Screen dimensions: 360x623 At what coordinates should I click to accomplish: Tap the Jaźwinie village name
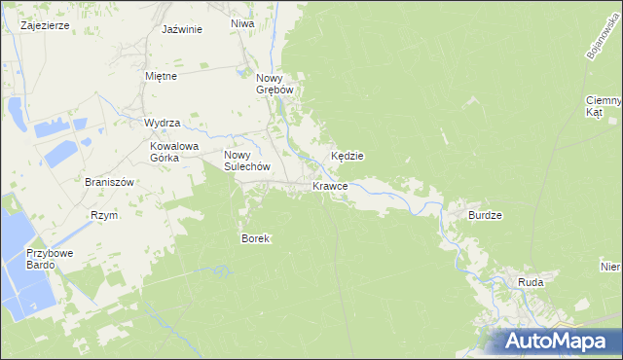point(182,29)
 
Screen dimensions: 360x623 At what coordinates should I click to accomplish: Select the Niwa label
point(242,22)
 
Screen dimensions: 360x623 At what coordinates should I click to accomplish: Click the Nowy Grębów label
point(275,85)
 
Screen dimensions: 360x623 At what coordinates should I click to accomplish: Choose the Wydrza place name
point(163,123)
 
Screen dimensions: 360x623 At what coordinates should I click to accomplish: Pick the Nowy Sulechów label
point(244,161)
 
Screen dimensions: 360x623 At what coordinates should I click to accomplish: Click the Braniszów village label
point(107,182)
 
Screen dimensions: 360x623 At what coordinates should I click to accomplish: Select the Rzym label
point(103,215)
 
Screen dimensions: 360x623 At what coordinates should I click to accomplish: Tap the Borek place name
point(254,238)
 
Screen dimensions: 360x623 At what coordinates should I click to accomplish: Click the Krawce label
point(330,186)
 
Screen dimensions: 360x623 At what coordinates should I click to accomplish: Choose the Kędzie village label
point(348,156)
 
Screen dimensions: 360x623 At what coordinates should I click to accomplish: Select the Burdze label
point(485,215)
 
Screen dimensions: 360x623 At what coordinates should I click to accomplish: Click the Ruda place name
point(531,282)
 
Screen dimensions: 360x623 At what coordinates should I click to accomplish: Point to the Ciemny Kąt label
point(604,106)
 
